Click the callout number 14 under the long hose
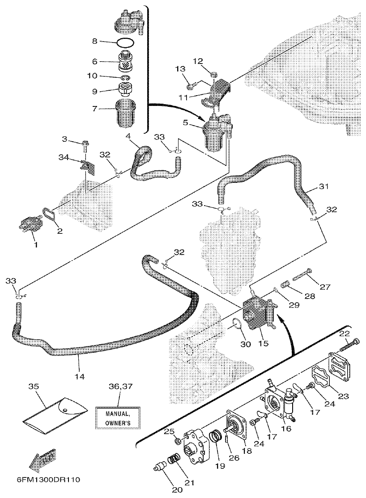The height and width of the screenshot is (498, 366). [x=79, y=376]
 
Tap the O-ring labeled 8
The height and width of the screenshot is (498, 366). [x=125, y=43]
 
